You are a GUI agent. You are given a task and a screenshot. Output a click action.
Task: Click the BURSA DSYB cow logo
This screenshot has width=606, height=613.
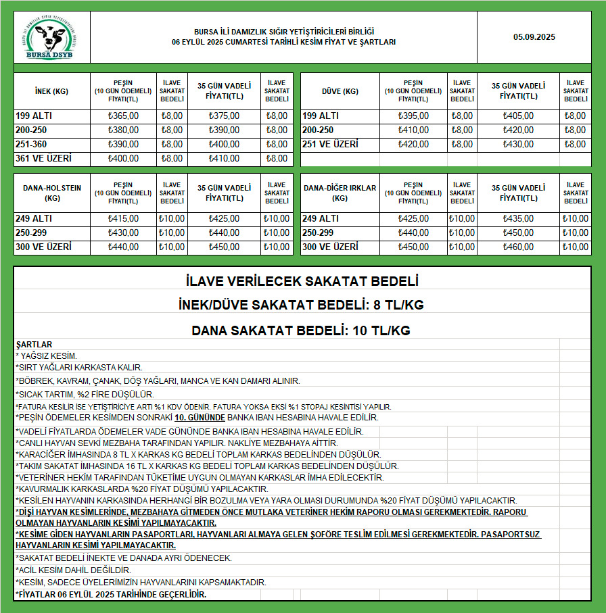pos(52,38)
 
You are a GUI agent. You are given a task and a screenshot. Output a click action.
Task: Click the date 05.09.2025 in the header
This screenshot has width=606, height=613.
pos(534,37)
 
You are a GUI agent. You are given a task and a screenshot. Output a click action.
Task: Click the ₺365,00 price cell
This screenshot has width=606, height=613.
pos(123,116)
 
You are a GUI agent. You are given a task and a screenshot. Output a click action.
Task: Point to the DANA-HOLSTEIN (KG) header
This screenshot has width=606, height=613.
pos(51,193)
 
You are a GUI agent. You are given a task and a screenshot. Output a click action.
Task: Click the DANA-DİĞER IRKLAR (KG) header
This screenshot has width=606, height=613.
pos(340,193)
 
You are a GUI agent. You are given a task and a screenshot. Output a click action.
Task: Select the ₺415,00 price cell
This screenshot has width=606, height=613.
pos(123,219)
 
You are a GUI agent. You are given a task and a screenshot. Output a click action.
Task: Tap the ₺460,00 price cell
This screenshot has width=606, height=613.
pos(518,247)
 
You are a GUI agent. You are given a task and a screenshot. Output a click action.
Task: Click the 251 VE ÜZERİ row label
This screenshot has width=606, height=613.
pos(330,145)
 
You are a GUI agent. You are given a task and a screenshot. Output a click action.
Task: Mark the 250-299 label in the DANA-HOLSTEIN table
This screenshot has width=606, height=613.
pos(32,233)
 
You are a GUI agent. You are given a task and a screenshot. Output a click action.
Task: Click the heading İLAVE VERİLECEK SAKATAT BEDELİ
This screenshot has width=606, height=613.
pos(302,280)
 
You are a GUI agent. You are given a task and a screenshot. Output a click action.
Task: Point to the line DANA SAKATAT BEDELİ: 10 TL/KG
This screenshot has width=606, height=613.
pos(302,331)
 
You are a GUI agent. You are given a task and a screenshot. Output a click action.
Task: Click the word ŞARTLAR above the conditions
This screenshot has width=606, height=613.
pos(34,345)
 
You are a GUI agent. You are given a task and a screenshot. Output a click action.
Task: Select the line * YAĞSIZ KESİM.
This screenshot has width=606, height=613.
pos(46,355)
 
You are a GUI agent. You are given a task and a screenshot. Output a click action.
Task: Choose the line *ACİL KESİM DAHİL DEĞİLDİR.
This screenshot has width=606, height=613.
pos(73,570)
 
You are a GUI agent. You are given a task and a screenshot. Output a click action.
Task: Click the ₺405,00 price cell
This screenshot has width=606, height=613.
pos(518,116)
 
